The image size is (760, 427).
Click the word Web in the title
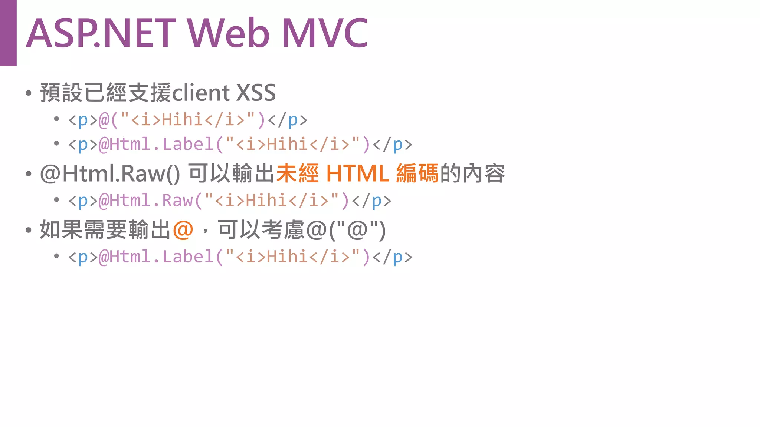(x=228, y=33)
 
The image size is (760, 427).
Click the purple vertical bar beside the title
(x=8, y=33)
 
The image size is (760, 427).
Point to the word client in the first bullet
(x=201, y=93)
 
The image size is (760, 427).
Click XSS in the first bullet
(x=256, y=93)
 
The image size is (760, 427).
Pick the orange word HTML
(x=357, y=173)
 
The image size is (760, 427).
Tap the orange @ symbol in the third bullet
(x=183, y=230)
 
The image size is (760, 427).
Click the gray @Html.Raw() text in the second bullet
(x=110, y=173)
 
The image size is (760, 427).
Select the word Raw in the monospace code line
(x=178, y=201)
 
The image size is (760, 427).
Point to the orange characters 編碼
(x=417, y=173)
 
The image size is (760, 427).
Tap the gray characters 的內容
(x=472, y=173)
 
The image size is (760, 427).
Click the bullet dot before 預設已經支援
(x=29, y=93)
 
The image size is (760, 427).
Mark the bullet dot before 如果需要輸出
(x=29, y=230)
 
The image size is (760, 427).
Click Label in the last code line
(x=188, y=257)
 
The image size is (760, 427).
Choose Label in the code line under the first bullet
(x=188, y=145)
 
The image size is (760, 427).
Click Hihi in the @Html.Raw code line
(x=266, y=201)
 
